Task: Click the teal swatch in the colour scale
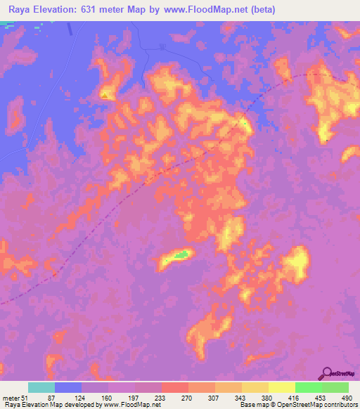pyautogui.click(x=41, y=387)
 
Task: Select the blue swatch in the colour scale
pyautogui.click(x=68, y=387)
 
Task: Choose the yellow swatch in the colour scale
pyautogui.click(x=281, y=387)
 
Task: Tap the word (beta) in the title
pyautogui.click(x=261, y=10)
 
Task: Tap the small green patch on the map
pyautogui.click(x=182, y=254)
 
